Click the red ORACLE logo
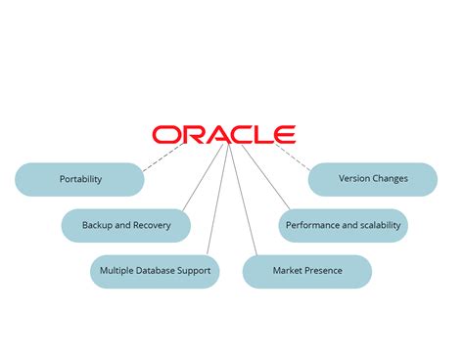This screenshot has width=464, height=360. [223, 134]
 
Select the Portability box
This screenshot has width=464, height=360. [79, 179]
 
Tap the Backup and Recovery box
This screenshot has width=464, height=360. [126, 225]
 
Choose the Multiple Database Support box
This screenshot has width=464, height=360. [155, 271]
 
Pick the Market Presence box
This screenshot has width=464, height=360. [307, 271]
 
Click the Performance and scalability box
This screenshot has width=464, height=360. [343, 225]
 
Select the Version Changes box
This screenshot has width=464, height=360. [373, 179]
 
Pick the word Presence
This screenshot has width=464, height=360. [323, 271]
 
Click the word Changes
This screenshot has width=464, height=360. [390, 179]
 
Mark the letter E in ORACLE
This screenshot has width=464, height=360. [284, 134]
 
